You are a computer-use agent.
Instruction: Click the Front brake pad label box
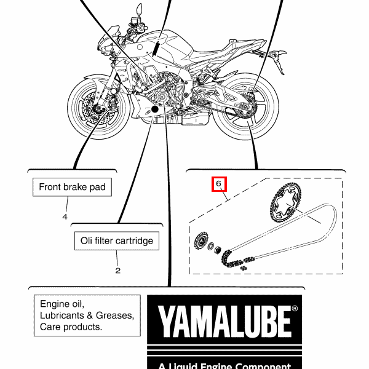tap(72, 187)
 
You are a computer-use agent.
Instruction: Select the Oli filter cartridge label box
tap(117, 240)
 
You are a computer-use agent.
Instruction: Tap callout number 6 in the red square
tap(218, 183)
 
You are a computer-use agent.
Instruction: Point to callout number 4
tap(65, 216)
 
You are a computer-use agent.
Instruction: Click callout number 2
tap(118, 271)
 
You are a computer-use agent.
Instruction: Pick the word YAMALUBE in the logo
tap(224, 322)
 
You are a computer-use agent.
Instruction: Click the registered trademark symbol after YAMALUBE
tap(295, 308)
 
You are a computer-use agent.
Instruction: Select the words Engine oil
tap(62, 304)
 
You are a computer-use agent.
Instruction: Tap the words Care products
tap(71, 327)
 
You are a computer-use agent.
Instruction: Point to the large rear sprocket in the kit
tap(285, 202)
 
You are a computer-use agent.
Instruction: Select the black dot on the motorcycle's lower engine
tap(155, 109)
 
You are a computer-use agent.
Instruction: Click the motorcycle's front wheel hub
tap(97, 109)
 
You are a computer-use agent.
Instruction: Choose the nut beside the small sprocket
tap(218, 250)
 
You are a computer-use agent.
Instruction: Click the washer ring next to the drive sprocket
tap(211, 246)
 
